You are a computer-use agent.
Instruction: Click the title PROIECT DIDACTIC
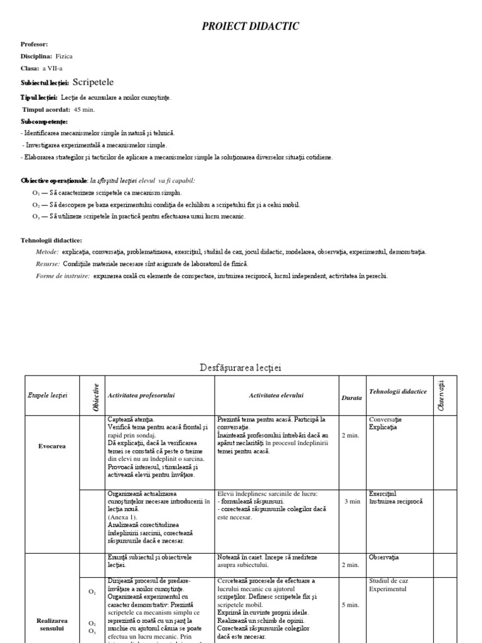point(250,26)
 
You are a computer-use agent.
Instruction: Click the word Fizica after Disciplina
point(64,57)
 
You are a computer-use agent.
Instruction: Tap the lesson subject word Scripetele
point(94,82)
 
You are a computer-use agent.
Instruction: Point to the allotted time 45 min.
point(84,109)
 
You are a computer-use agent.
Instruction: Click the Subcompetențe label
point(44,121)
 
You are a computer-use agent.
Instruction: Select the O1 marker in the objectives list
point(36,193)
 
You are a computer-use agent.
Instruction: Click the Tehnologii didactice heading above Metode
point(51,240)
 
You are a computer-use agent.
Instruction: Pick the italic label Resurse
point(48,264)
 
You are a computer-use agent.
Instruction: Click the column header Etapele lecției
point(48,395)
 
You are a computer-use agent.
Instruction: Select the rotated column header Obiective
point(96,397)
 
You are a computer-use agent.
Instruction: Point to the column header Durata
point(351,398)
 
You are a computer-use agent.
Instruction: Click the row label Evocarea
point(51,446)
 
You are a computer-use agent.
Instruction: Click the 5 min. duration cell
point(351,605)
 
